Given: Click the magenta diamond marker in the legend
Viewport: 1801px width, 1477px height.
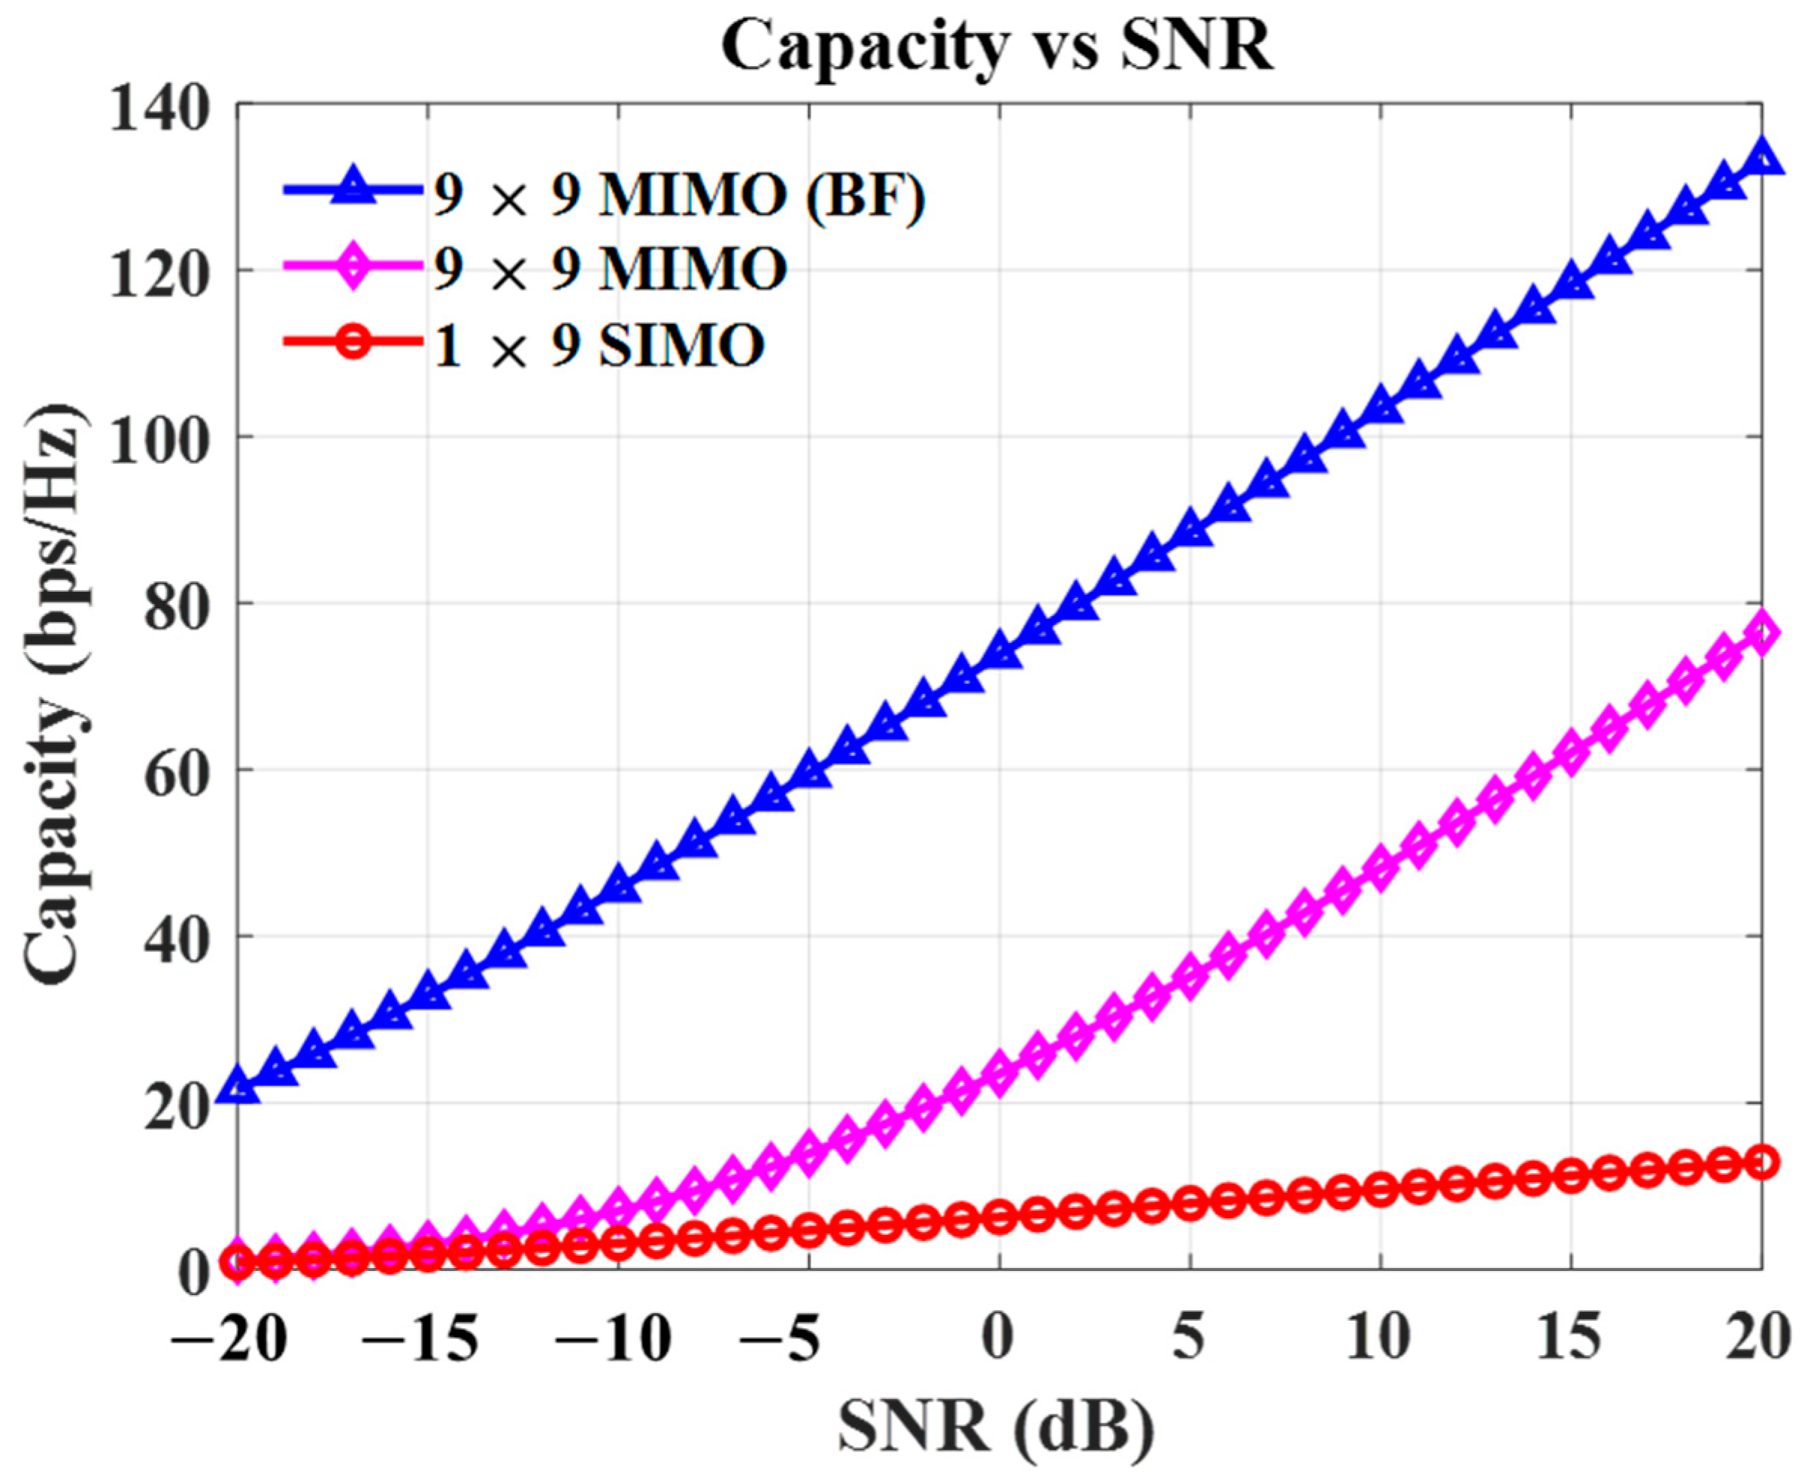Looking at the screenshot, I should tap(353, 271).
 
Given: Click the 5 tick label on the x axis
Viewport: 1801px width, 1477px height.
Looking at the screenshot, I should tap(1190, 1342).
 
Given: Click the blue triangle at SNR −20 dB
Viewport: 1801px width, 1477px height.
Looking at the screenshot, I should tap(238, 1087).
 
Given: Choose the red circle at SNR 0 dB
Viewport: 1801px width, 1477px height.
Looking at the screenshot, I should tap(1000, 1218).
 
